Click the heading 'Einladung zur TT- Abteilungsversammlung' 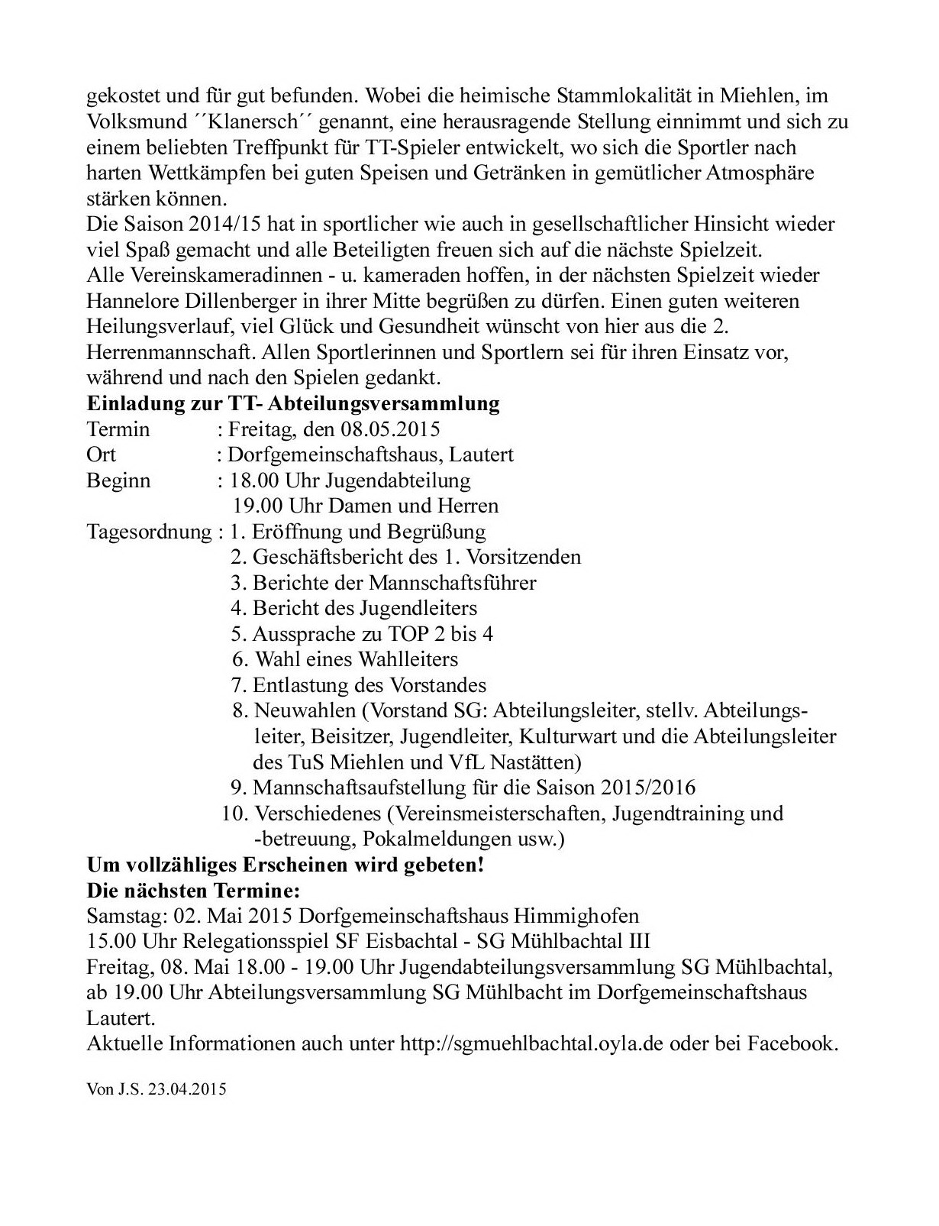point(293,403)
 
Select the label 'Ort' point(102,454)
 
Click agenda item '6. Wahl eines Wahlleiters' point(345,659)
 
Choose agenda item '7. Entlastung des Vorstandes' point(358,685)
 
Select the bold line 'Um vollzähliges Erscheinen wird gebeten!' point(286,865)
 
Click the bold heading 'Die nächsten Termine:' point(194,891)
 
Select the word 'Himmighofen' point(576,916)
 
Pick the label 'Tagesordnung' point(149,532)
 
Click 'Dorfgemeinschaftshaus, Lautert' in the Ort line point(370,454)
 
